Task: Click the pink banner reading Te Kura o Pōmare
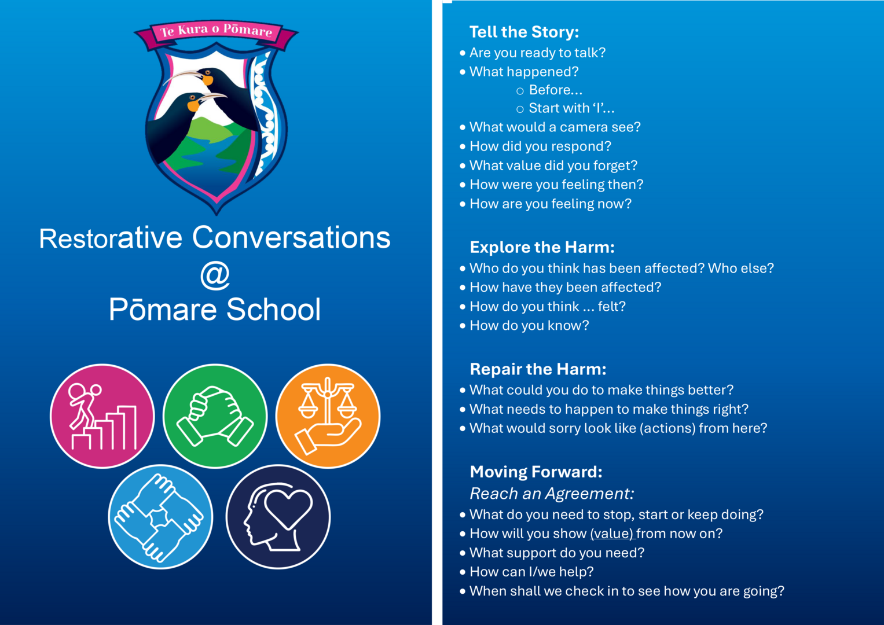pyautogui.click(x=217, y=33)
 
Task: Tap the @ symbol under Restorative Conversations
pyautogui.click(x=215, y=275)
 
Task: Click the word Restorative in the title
pyautogui.click(x=111, y=238)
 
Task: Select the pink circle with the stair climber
pyautogui.click(x=102, y=416)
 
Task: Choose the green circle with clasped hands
pyautogui.click(x=215, y=416)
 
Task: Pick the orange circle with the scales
pyautogui.click(x=328, y=416)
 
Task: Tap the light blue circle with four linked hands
pyautogui.click(x=160, y=517)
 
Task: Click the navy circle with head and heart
pyautogui.click(x=278, y=517)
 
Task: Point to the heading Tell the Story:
pyautogui.click(x=524, y=32)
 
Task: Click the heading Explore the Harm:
pyautogui.click(x=542, y=248)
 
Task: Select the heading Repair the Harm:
pyautogui.click(x=538, y=369)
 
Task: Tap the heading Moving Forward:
pyautogui.click(x=536, y=472)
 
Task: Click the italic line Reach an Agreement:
pyautogui.click(x=552, y=494)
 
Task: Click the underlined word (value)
pyautogui.click(x=612, y=534)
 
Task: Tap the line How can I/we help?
pyautogui.click(x=531, y=572)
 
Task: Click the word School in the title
pyautogui.click(x=273, y=310)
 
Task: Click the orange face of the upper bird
pyautogui.click(x=207, y=79)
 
